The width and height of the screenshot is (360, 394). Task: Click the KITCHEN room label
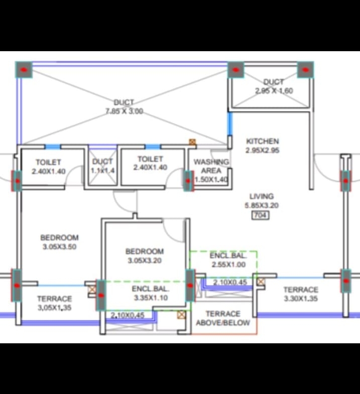click(262, 141)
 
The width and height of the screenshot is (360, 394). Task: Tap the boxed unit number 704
click(261, 215)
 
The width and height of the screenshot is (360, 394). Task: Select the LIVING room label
click(262, 196)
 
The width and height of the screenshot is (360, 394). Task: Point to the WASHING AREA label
click(211, 166)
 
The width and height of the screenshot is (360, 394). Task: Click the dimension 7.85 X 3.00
click(124, 111)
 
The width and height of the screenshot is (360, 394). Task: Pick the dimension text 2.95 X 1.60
click(274, 91)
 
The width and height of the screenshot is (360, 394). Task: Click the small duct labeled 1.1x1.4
click(102, 166)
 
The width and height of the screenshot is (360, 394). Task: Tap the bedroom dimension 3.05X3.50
click(60, 247)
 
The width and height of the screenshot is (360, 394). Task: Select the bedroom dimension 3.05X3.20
click(145, 260)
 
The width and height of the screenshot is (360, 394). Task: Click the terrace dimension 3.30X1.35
click(301, 299)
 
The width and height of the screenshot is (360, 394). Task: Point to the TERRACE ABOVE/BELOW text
click(223, 318)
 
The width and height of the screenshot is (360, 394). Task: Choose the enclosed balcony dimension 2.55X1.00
click(228, 265)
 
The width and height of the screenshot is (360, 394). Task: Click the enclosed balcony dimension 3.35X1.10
click(151, 298)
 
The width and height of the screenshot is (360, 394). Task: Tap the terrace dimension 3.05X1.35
click(55, 308)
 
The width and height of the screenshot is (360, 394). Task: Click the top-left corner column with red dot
click(24, 70)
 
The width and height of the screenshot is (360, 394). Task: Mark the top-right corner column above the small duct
click(305, 70)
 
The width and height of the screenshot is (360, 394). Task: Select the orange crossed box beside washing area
click(192, 142)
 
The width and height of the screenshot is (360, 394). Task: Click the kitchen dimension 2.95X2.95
click(262, 150)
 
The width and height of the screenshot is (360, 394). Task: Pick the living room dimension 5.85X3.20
click(262, 206)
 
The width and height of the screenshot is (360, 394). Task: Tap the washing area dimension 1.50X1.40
click(212, 180)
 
